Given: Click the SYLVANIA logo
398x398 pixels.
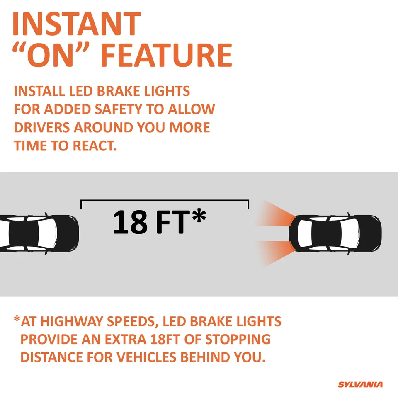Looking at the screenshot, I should [360, 385].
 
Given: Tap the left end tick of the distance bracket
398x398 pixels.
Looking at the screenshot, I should [81, 204].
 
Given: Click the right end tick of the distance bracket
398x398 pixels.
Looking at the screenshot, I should [248, 204].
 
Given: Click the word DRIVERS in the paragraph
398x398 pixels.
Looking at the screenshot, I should [42, 127].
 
